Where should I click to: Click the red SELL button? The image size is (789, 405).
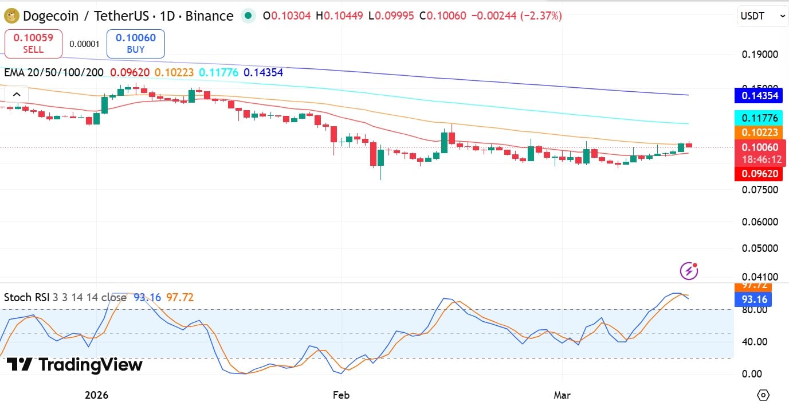coord(33,44)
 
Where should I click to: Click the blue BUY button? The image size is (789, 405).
coord(135,44)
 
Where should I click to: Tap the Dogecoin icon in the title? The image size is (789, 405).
coord(11,16)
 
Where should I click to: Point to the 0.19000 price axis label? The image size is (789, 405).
coord(760,54)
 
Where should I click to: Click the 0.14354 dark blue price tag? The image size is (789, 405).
coord(760,95)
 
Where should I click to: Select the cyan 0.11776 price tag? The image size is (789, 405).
coord(760,118)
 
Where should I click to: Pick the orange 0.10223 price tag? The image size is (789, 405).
coord(760,133)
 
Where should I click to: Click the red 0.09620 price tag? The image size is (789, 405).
coord(760,173)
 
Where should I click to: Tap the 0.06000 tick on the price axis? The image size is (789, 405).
coord(760,222)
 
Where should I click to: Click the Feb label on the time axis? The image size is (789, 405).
coord(341,395)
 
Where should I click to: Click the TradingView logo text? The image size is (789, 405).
coord(74,365)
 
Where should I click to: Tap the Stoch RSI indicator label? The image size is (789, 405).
coord(26,297)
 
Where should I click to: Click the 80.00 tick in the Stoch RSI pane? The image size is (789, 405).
coord(755,310)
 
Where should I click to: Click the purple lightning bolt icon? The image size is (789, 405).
coord(689,270)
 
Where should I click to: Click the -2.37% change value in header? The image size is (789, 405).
coord(541,16)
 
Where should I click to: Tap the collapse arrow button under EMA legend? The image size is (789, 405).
coord(16,95)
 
